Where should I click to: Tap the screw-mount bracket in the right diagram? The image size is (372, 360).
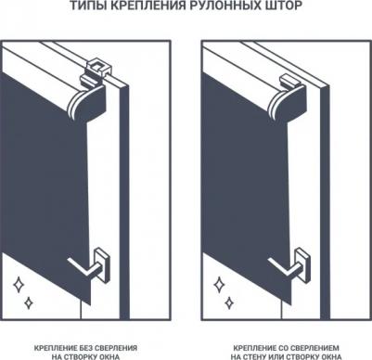[289, 81]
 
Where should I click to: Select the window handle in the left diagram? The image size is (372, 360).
[91, 266]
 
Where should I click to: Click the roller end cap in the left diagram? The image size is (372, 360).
[87, 104]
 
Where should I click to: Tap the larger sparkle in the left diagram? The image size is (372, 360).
[19, 285]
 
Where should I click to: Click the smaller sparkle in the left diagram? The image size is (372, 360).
[29, 303]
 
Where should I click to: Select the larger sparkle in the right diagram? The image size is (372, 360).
[219, 285]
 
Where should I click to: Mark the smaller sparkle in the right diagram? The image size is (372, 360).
[229, 303]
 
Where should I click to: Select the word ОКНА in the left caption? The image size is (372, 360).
[109, 356]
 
